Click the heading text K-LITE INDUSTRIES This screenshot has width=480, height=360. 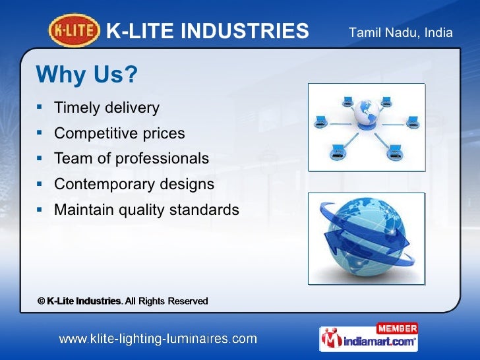click(207, 31)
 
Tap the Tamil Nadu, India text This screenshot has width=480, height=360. click(400, 32)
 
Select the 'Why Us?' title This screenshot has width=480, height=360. click(86, 75)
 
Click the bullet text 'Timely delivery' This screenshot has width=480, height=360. click(106, 107)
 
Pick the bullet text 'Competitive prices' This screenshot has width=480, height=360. click(119, 133)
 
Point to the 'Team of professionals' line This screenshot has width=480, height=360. click(131, 159)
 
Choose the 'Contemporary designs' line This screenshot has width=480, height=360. click(134, 185)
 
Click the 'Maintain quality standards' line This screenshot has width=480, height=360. click(146, 210)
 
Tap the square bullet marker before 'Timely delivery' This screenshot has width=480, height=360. click(40, 106)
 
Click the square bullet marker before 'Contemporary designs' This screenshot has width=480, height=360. click(40, 183)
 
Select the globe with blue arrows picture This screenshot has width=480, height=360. click(366, 239)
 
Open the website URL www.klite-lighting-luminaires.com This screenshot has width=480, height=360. click(158, 339)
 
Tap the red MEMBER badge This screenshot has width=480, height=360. click(396, 328)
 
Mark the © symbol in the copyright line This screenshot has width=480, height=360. click(41, 301)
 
